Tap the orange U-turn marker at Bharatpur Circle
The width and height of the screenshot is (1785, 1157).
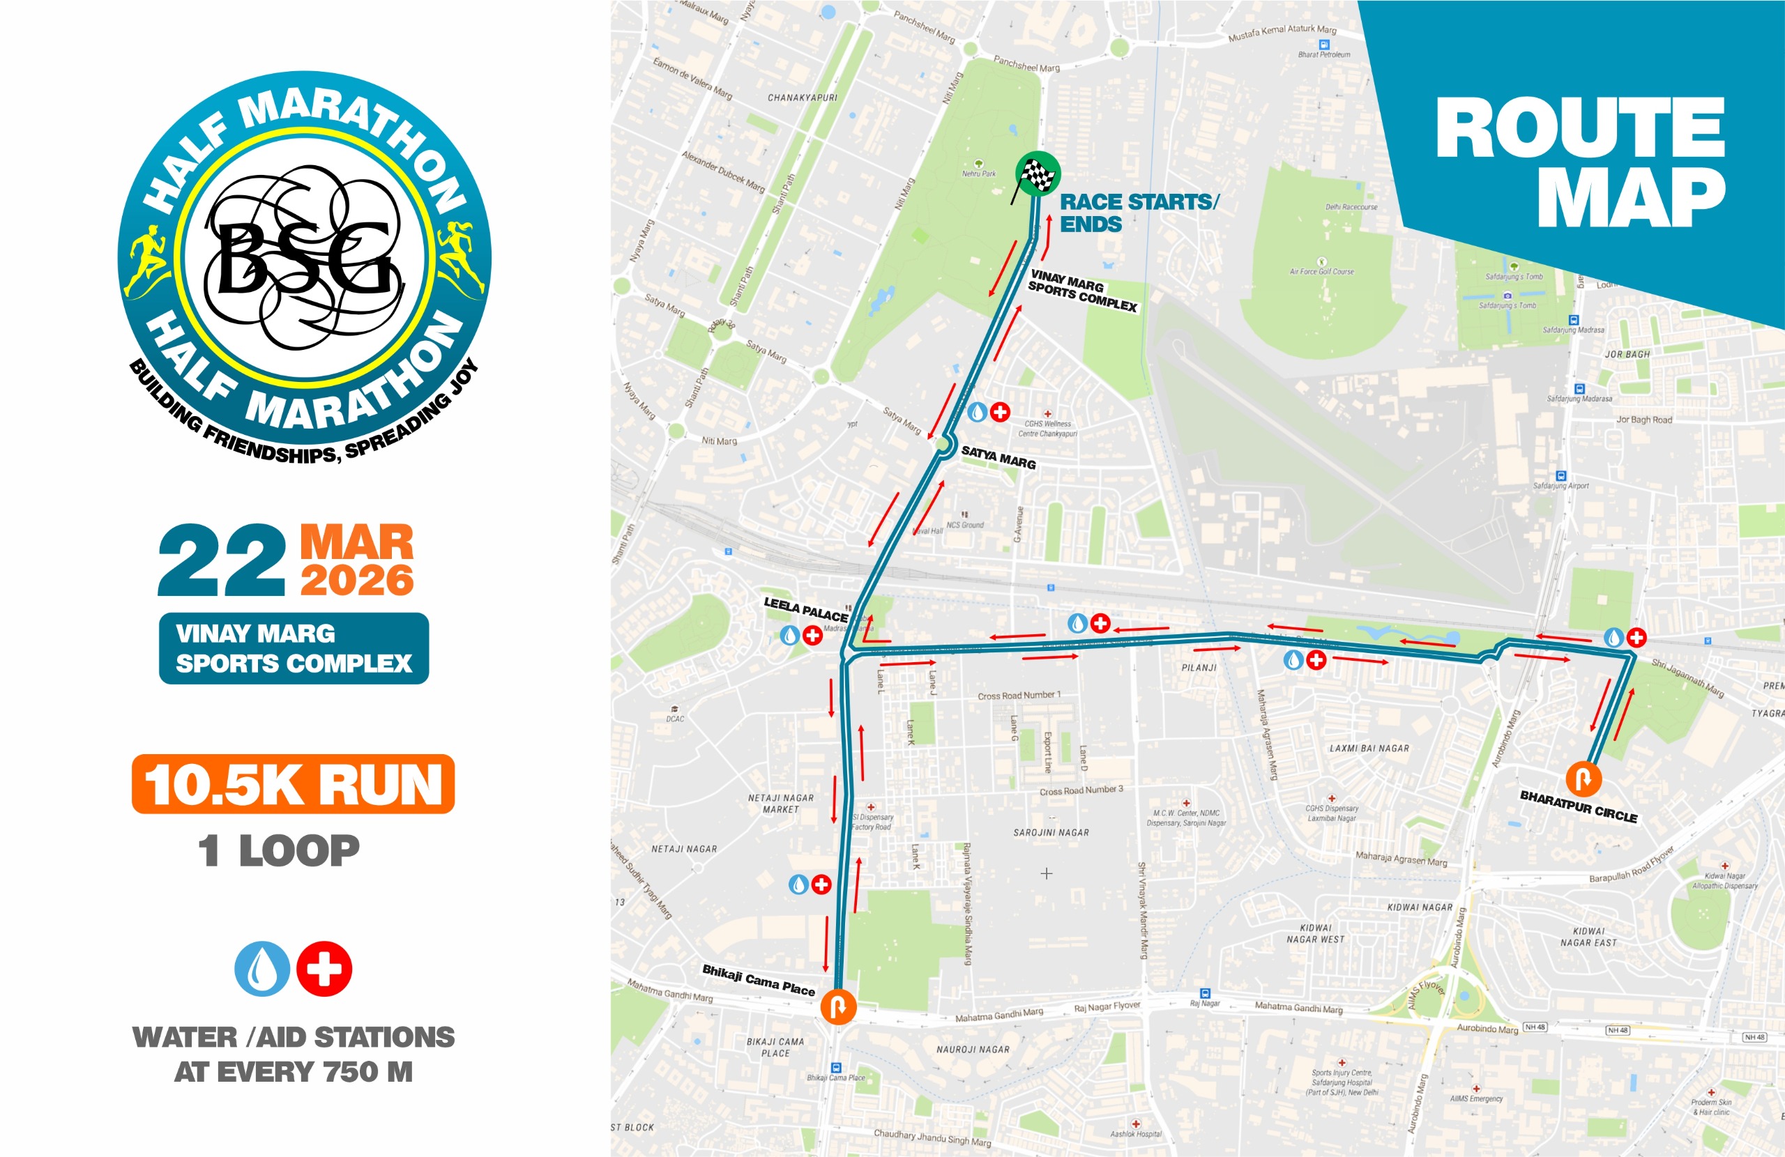[x=1583, y=779]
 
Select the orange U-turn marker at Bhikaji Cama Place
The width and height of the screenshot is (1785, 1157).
[x=837, y=1006]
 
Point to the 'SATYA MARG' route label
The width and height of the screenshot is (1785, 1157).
[x=998, y=457]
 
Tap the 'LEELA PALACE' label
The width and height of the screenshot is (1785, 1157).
[x=805, y=610]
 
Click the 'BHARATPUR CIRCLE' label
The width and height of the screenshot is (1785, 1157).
[x=1578, y=806]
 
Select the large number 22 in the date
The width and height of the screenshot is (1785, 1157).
[x=222, y=562]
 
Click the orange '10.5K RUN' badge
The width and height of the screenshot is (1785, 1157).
[x=294, y=784]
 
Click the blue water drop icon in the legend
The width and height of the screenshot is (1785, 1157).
[x=261, y=969]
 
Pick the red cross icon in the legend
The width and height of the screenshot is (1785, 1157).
[x=324, y=969]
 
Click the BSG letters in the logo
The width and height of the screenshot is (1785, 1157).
[x=305, y=259]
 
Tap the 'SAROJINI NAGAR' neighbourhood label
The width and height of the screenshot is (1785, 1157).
[x=1051, y=832]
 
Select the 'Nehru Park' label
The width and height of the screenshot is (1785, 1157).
[x=979, y=174]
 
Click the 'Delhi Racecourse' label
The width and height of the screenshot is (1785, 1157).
[x=1351, y=207]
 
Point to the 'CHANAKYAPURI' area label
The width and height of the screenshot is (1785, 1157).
[x=802, y=98]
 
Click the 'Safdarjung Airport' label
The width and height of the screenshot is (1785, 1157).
[x=1560, y=486]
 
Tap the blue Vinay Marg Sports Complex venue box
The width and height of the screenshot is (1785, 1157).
[x=294, y=649]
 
